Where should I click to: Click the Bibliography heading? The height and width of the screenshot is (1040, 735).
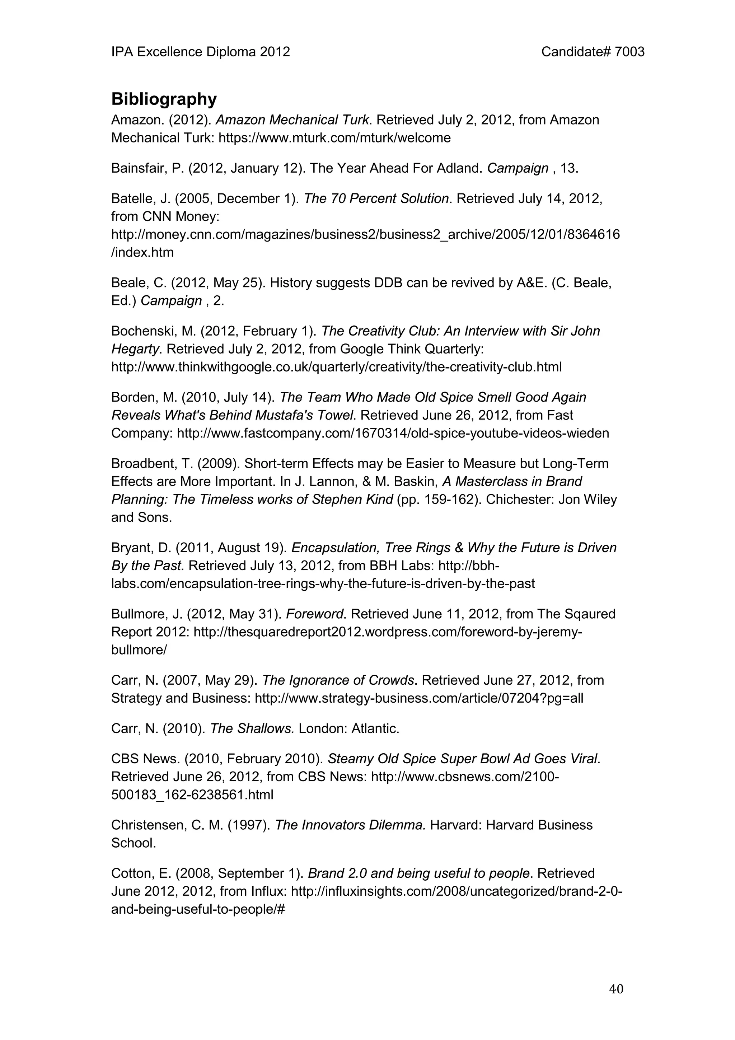[164, 99]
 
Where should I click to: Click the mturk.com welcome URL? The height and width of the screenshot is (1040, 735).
[335, 138]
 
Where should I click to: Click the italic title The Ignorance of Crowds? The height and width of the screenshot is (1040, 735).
[338, 680]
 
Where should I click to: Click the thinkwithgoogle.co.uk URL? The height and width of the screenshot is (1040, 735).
[337, 367]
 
